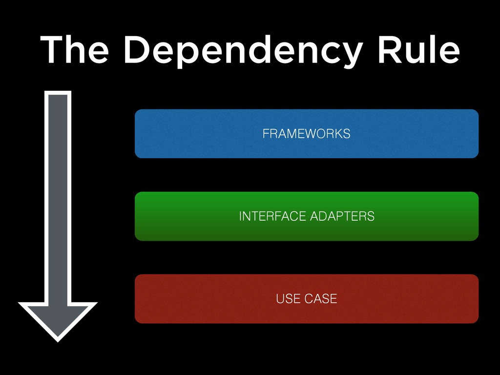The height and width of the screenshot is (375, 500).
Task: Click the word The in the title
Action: [x=75, y=50]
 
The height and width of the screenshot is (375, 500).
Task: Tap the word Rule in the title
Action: [x=418, y=50]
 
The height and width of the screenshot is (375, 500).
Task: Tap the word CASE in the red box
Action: [x=321, y=299]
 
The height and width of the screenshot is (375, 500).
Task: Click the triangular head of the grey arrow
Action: [x=58, y=317]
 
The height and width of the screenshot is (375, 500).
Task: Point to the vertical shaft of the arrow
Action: [x=58, y=195]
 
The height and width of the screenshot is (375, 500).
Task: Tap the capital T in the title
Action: [x=52, y=50]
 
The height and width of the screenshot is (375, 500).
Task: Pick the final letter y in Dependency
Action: [x=350, y=54]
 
